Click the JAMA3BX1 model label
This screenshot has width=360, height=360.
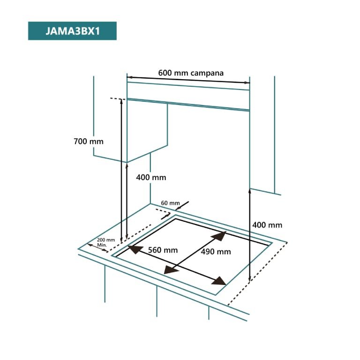tap(72, 31)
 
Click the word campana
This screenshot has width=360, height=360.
tap(207, 73)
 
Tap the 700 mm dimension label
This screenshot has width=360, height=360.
tap(89, 141)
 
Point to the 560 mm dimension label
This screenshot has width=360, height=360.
tap(163, 250)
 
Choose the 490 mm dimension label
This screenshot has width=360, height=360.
tap(216, 252)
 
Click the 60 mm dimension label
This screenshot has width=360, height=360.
tap(170, 203)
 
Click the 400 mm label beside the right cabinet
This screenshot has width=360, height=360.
tap(267, 225)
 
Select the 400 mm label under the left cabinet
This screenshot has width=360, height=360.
tap(151, 177)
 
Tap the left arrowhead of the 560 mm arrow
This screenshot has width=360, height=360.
tap(135, 249)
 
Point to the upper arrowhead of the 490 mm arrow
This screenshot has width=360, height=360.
tap(219, 236)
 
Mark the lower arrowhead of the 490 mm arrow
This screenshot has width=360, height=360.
tap(171, 270)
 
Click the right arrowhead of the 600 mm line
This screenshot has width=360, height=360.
tap(247, 82)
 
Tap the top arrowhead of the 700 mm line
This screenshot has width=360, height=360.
tap(121, 101)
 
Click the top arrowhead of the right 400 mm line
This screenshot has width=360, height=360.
tap(250, 191)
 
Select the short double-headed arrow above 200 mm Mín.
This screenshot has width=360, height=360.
tap(97, 247)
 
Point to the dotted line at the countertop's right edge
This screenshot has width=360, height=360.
tap(257, 274)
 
